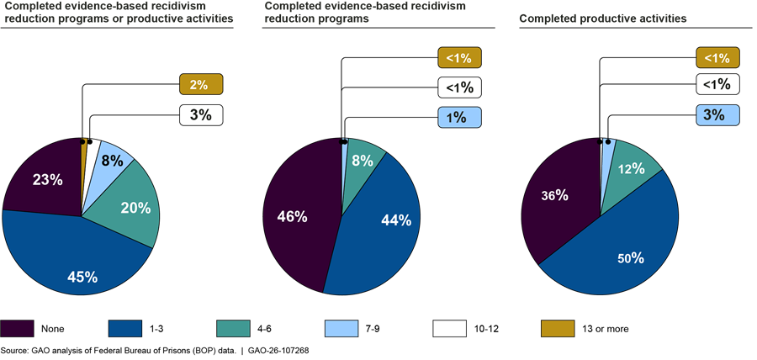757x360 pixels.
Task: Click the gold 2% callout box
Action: point(200,85)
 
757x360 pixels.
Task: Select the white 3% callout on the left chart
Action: point(200,114)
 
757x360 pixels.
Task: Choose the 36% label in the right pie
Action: point(554,194)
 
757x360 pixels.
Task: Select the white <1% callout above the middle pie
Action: point(459,86)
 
